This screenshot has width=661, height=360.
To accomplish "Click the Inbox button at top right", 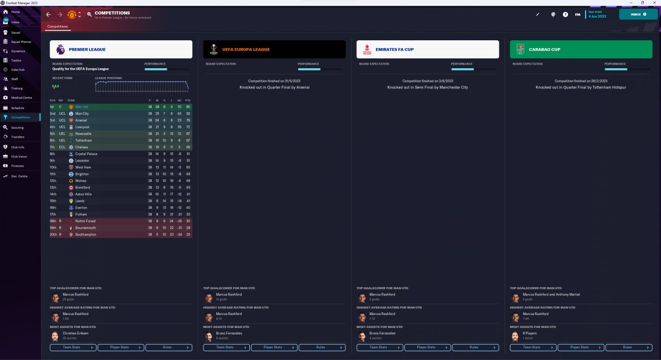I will (x=638, y=14).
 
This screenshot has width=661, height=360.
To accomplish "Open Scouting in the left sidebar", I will (x=17, y=127).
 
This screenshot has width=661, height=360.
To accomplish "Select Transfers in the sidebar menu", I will (x=18, y=137).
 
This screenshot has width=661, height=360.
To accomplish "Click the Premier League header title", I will (x=87, y=50).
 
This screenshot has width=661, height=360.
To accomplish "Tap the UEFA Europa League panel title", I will (x=246, y=50).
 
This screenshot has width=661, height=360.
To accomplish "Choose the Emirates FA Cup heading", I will (x=395, y=50).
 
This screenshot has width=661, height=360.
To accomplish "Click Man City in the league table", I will (x=82, y=114).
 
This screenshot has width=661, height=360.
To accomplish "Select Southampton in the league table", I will (x=86, y=234).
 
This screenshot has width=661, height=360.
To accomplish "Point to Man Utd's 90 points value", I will (x=187, y=107).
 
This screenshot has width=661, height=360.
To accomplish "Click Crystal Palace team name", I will (x=86, y=154).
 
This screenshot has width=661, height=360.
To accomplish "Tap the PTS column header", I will (x=187, y=100).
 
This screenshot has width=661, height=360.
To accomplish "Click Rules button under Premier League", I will (x=168, y=348).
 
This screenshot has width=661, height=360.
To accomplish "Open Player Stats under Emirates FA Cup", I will (x=427, y=348).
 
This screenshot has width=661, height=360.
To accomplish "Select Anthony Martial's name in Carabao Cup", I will (x=568, y=294).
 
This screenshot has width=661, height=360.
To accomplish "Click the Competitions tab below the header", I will (x=57, y=26).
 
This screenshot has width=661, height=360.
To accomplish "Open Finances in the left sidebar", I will (x=17, y=166).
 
